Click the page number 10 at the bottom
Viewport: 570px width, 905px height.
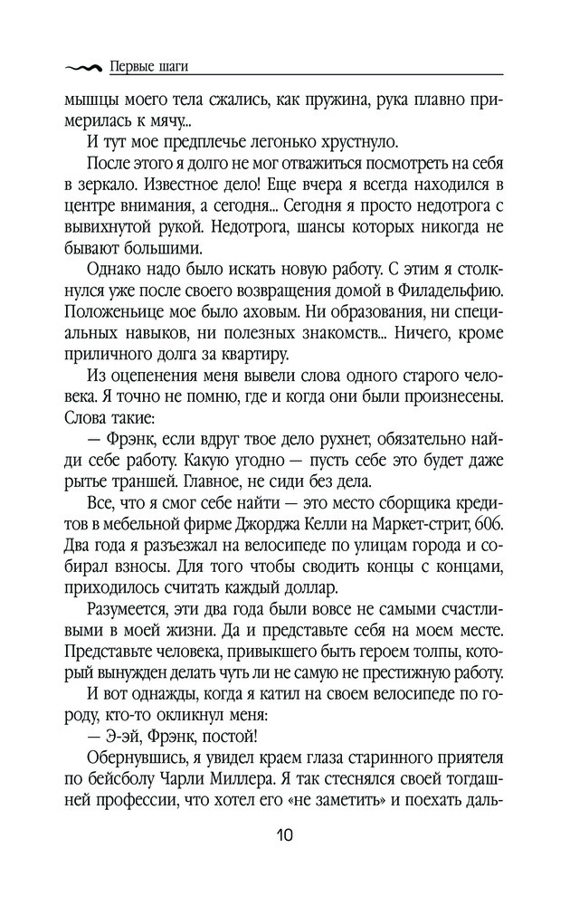(284, 834)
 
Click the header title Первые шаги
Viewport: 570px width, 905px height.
(152, 65)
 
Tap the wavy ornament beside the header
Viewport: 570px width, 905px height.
(83, 66)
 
